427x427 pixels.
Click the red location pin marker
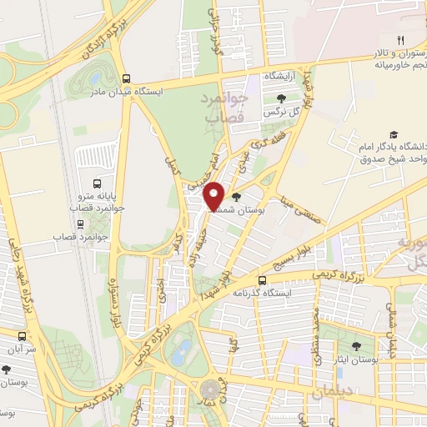[213, 195]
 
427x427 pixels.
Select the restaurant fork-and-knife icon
[400, 39]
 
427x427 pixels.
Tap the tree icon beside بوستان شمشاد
[239, 198]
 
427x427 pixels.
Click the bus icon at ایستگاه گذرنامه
[262, 280]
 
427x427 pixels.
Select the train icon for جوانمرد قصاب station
[80, 224]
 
